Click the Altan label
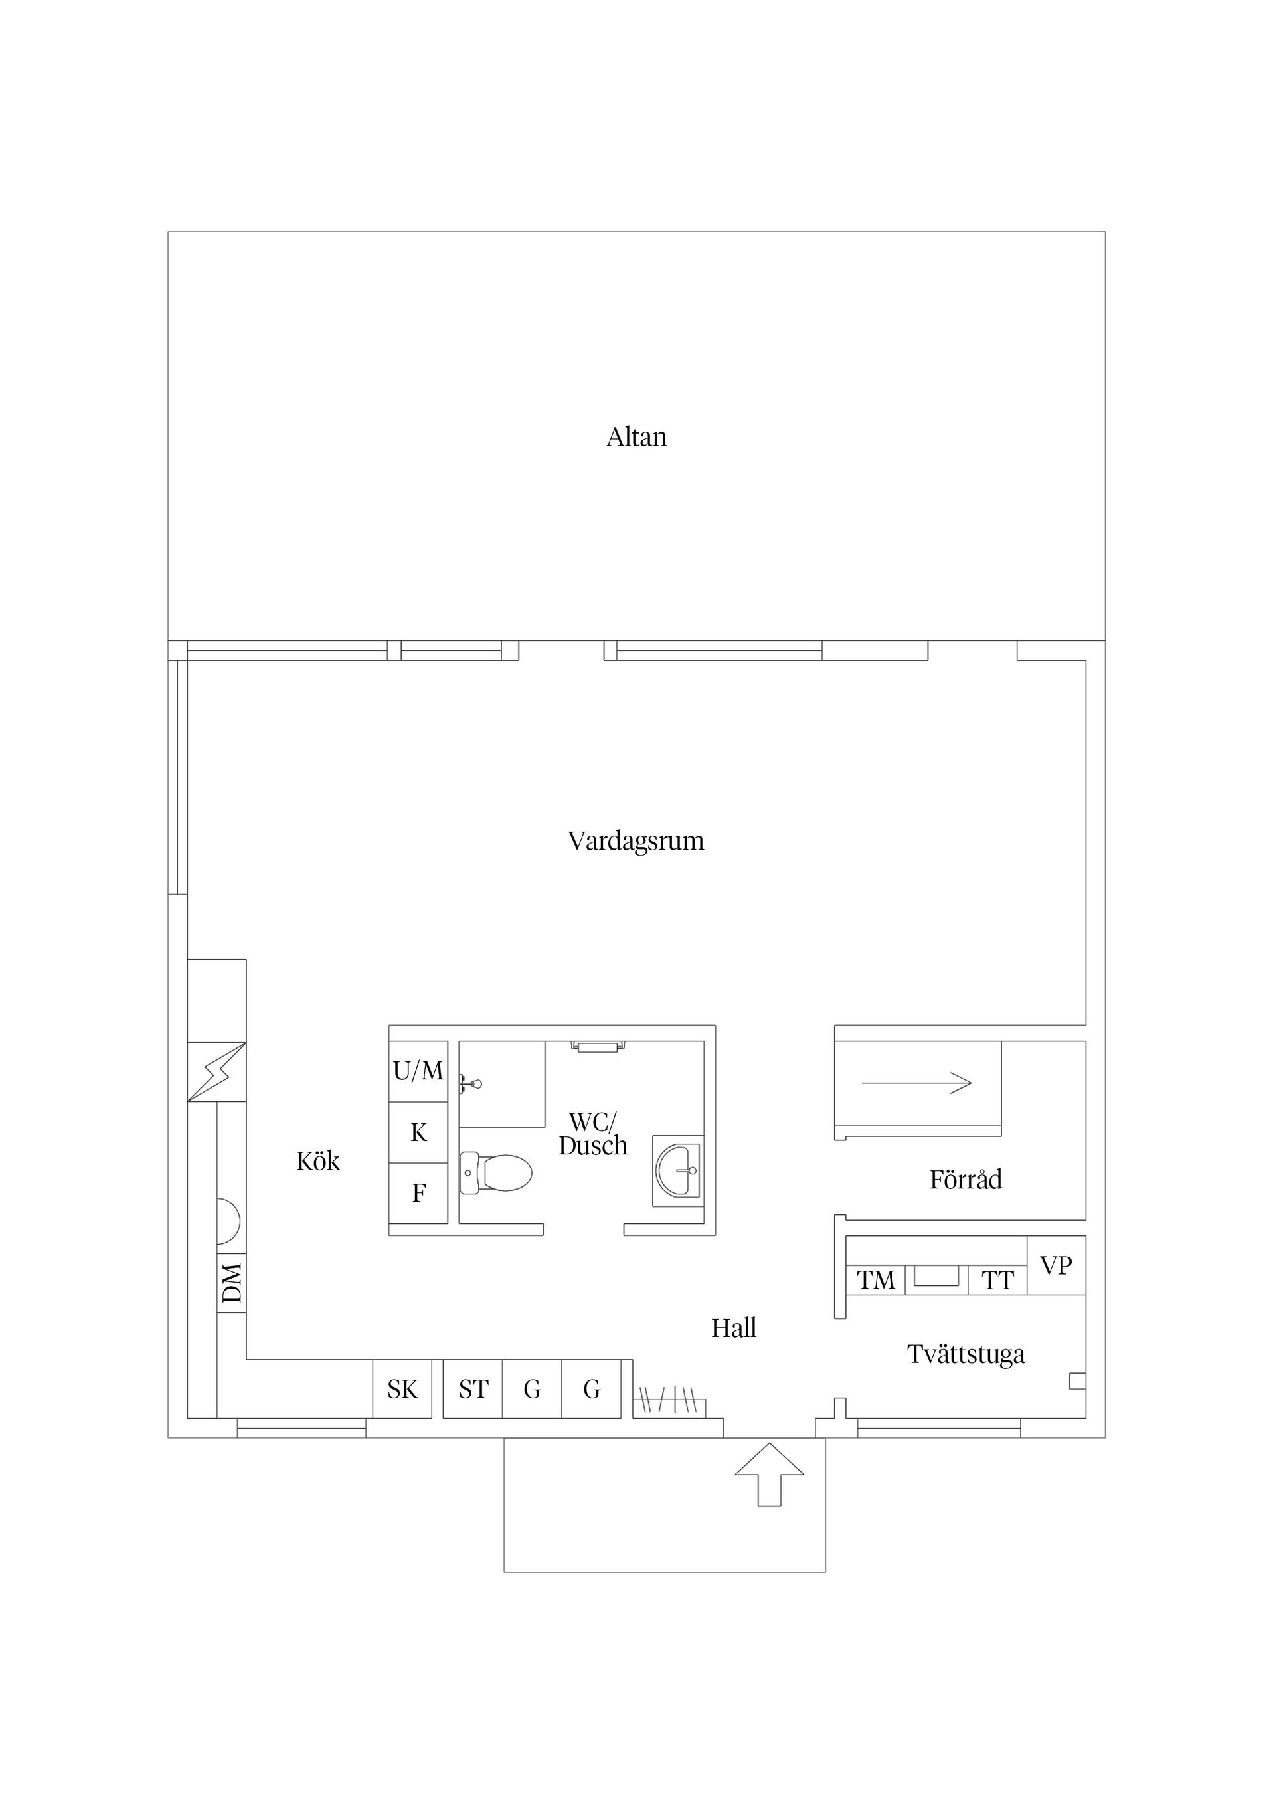[x=636, y=437]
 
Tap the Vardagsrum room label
[x=636, y=842]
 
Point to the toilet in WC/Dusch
[x=495, y=1172]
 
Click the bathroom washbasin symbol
[x=678, y=1171]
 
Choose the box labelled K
[x=419, y=1132]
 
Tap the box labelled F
[x=419, y=1194]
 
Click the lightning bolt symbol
[x=217, y=1072]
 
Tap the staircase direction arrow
[x=917, y=1083]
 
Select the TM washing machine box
[x=876, y=1280]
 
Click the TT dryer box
[x=997, y=1280]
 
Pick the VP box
[x=1057, y=1265]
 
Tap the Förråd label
[x=966, y=1180]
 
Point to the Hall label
[x=734, y=1328]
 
